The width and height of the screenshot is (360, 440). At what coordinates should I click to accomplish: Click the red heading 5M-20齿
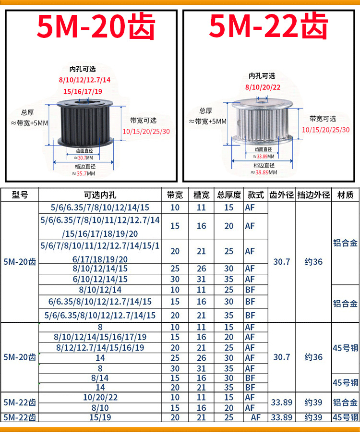tap(96, 27)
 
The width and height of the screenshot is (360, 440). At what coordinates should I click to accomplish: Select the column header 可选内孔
tap(100, 195)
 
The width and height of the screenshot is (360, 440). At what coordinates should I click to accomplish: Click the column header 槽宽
tap(202, 195)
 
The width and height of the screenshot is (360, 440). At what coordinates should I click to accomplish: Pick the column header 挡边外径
tap(313, 195)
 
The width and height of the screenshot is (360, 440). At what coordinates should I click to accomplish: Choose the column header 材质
tap(346, 195)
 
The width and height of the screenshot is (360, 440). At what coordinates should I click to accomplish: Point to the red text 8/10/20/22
tap(262, 87)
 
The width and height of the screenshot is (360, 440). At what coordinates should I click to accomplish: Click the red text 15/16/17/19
tap(83, 91)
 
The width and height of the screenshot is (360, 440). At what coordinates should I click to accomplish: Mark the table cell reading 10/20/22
tap(100, 397)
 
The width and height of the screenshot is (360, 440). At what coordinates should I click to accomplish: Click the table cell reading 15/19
tap(100, 418)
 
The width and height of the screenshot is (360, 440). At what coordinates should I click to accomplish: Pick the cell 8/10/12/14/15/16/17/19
tap(100, 337)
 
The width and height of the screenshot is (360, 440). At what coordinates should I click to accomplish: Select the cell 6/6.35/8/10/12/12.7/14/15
tap(100, 302)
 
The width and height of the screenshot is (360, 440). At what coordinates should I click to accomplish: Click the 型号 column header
tap(20, 195)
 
